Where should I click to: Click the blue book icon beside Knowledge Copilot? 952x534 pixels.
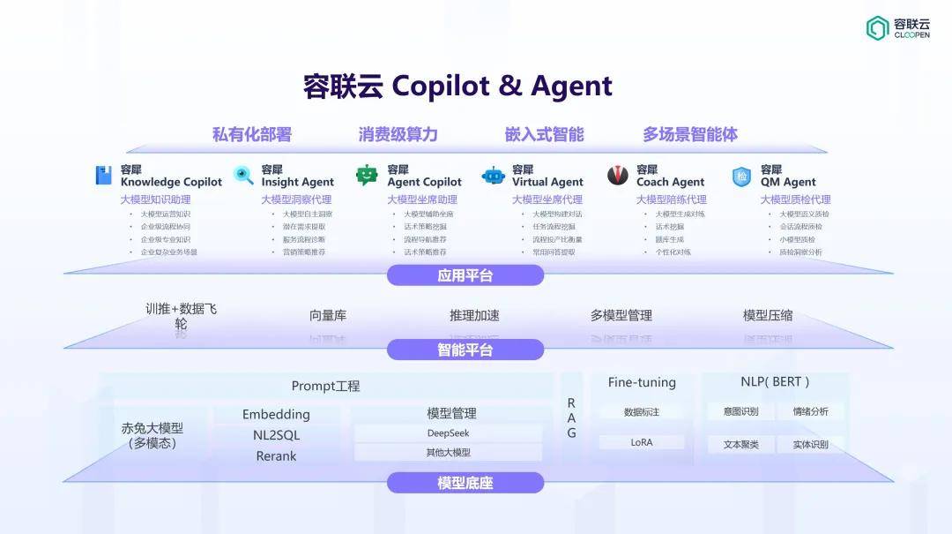(x=104, y=175)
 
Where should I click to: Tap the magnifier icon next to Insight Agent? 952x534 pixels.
(x=244, y=175)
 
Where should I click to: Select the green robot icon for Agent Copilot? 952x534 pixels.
(x=367, y=175)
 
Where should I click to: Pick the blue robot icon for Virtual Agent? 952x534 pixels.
(x=494, y=175)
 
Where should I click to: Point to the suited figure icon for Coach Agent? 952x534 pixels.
(x=618, y=175)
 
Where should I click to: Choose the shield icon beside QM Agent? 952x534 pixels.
(x=741, y=176)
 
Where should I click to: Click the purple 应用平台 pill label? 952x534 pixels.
(x=465, y=275)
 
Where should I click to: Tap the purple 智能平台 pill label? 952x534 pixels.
(x=465, y=350)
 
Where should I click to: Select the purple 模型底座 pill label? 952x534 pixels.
(x=465, y=483)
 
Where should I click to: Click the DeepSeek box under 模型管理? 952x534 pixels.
(x=448, y=433)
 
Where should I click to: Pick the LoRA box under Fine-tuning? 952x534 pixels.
(x=642, y=442)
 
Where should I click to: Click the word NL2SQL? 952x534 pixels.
(x=276, y=435)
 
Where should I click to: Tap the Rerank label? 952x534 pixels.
(x=276, y=456)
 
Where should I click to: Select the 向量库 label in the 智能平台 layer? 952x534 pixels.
(x=328, y=315)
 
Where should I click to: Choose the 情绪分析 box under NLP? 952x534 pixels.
(x=810, y=411)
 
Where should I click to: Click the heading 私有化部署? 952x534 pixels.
(x=251, y=135)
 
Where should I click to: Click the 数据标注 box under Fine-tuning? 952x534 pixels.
(x=642, y=411)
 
